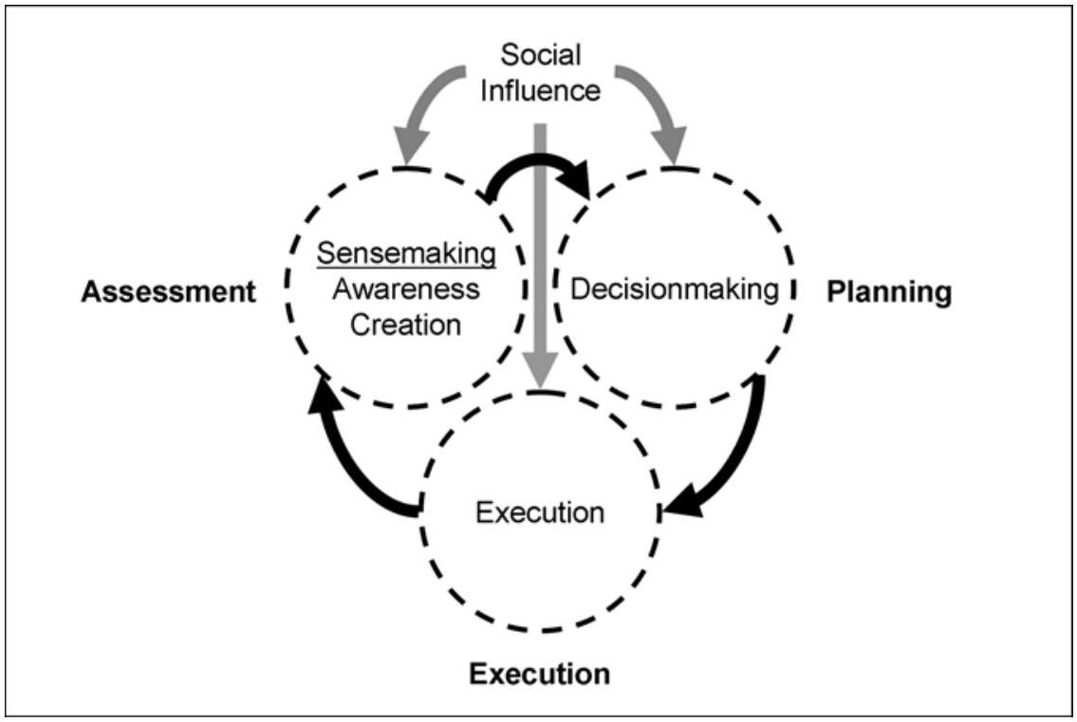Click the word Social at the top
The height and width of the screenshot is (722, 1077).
point(541,55)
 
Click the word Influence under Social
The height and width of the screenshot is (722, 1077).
point(541,91)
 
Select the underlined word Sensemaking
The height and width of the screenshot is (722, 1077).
point(407,252)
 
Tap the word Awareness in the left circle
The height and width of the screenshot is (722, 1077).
point(407,288)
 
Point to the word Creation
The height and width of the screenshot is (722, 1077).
point(407,324)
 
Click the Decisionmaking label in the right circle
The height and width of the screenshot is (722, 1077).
point(674,288)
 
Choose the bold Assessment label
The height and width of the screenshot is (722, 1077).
point(168,292)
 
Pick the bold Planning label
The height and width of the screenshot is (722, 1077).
point(888,292)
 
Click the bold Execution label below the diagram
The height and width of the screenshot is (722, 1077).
point(540,675)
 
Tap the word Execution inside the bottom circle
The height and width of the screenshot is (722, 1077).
point(540,513)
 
